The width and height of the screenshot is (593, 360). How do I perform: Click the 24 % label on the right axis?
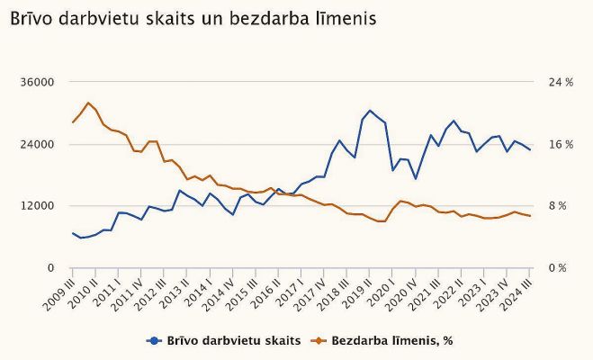(x=561, y=83)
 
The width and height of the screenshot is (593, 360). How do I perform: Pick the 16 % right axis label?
(x=561, y=145)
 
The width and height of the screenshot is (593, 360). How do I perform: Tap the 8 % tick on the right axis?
(x=559, y=206)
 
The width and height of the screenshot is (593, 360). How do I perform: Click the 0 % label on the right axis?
(x=559, y=268)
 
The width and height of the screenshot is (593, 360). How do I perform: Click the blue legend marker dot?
(x=154, y=340)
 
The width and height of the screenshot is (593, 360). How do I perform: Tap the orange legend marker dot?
(x=318, y=340)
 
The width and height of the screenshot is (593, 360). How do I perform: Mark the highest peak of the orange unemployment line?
(x=88, y=103)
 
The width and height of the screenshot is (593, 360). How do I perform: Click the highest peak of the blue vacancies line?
(x=370, y=111)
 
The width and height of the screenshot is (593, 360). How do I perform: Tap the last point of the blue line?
(x=530, y=149)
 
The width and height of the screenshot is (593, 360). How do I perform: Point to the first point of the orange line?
(x=73, y=122)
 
